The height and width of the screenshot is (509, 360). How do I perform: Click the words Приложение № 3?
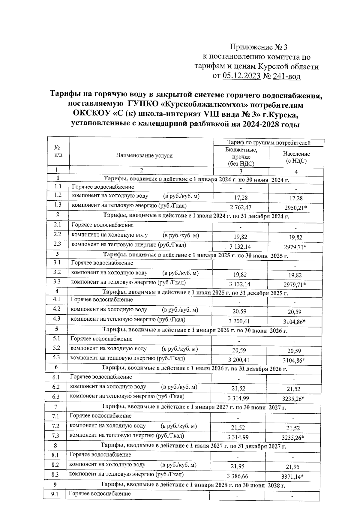[259, 47]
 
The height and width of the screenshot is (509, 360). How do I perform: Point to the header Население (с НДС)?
[296, 157]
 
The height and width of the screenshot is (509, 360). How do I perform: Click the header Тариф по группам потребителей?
[269, 142]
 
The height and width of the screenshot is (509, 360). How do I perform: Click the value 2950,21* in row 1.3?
[295, 208]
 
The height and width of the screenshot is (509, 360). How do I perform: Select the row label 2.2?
[57, 235]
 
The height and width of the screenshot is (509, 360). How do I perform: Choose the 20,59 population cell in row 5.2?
[294, 351]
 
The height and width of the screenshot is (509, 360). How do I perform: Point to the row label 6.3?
[56, 397]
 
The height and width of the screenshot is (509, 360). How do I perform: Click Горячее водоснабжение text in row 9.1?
[100, 493]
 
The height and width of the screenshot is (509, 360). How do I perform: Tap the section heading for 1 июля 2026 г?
[194, 369]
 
